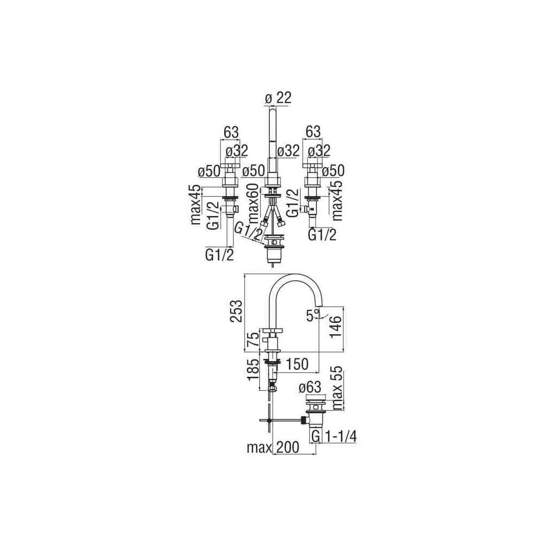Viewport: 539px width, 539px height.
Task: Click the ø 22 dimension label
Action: pos(278,98)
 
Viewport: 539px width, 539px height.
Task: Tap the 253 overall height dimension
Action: pos(236,311)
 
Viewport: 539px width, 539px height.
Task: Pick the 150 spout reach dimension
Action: pos(296,364)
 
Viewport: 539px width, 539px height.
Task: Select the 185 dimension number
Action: pos(255,369)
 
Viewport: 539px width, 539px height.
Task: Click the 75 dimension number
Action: pos(255,341)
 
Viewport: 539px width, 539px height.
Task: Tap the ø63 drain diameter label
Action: pos(310,388)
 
